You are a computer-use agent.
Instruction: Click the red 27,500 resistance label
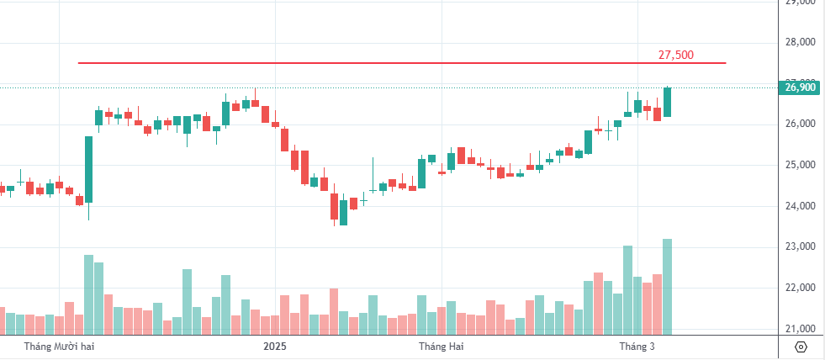coord(675,55)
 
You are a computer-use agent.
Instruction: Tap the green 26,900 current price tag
coord(800,87)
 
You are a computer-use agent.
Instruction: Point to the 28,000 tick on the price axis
coord(800,42)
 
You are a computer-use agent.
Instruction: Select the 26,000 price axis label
coord(800,124)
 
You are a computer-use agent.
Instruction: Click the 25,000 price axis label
coord(800,165)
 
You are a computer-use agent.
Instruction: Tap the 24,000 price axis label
coord(800,206)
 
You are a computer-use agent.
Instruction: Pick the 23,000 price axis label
coord(800,247)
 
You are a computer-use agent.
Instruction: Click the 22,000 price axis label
coord(800,288)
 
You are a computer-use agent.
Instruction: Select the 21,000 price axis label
coord(800,329)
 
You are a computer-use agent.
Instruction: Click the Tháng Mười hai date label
coord(56,346)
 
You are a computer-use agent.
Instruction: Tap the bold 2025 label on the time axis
coord(275,346)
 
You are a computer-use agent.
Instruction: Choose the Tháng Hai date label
coord(442,346)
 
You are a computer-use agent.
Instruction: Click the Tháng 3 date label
coord(637,346)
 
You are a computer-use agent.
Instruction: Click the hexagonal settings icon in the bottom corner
coord(801,347)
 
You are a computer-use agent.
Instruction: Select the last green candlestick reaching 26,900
coord(667,102)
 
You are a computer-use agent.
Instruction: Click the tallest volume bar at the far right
coord(667,286)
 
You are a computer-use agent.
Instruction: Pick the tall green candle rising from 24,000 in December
coord(88,169)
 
